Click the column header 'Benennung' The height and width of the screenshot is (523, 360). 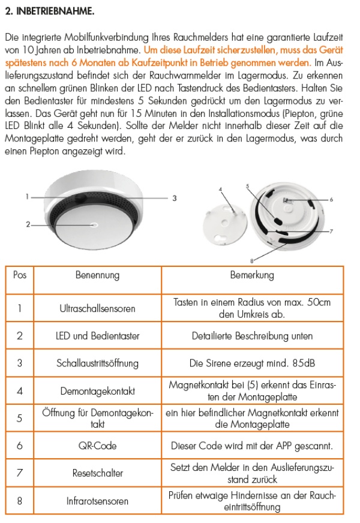(x=97, y=275)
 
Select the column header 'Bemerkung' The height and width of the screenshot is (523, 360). (x=252, y=275)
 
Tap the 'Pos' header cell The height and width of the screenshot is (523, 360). (x=20, y=275)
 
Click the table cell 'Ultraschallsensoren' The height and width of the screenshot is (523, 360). (x=97, y=308)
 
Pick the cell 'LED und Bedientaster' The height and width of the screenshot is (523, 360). (x=97, y=336)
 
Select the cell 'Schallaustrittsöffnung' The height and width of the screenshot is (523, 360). (x=97, y=363)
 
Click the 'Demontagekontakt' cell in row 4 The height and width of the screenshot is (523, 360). (x=97, y=390)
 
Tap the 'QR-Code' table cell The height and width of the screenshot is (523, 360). (x=97, y=446)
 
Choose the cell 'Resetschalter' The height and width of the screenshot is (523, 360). (x=97, y=473)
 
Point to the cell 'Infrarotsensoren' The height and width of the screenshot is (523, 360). (x=97, y=501)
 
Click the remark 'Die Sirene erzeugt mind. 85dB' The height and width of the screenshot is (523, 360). (x=252, y=363)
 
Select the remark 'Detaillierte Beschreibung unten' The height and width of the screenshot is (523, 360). (x=252, y=336)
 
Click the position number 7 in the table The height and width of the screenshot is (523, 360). (x=20, y=473)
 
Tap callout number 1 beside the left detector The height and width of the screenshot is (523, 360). (x=27, y=196)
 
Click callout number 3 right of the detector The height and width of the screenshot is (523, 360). (x=174, y=197)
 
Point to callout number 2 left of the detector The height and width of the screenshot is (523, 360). (x=28, y=224)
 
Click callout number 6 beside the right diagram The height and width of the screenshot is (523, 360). (x=331, y=199)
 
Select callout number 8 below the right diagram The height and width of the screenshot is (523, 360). (x=252, y=260)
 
